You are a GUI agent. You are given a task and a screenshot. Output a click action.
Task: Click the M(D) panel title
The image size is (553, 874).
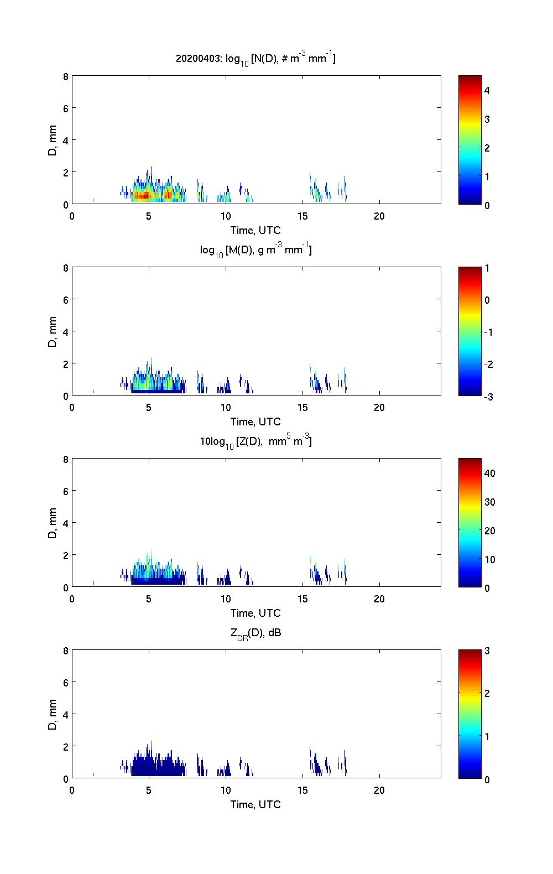point(255,250)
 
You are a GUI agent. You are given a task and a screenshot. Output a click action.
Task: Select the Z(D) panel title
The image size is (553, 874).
point(255,441)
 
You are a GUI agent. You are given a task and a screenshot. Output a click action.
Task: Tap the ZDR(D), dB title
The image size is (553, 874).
point(255,633)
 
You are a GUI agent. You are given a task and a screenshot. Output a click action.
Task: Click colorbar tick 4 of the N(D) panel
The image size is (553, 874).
point(487,90)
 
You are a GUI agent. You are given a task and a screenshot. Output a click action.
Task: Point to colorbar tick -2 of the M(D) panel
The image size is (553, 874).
point(487,365)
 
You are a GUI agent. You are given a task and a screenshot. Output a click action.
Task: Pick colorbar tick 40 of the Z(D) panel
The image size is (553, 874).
point(489,474)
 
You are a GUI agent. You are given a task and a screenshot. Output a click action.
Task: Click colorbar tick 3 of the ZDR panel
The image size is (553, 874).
point(487,651)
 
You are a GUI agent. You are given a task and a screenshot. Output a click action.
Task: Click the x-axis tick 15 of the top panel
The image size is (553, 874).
point(302,216)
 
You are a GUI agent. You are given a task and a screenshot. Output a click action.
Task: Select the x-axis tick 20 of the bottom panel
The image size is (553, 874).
point(379,790)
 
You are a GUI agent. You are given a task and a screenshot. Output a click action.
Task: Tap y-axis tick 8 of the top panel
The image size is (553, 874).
point(66,76)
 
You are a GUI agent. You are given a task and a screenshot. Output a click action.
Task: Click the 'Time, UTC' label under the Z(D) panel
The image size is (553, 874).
point(255,613)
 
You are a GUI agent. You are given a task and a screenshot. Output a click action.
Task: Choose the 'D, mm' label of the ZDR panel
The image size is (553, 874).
point(53,714)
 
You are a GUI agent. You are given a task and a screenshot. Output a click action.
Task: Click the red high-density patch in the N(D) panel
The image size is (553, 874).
point(142,195)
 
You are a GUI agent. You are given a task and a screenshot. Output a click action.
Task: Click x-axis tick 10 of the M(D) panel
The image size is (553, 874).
point(226,408)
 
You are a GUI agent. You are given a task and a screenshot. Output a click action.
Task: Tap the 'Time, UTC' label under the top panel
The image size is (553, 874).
point(255,230)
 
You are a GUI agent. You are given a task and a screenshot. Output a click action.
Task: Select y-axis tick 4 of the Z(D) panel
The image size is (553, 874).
point(66,523)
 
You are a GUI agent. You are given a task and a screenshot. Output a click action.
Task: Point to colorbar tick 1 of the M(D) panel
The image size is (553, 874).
point(487,268)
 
